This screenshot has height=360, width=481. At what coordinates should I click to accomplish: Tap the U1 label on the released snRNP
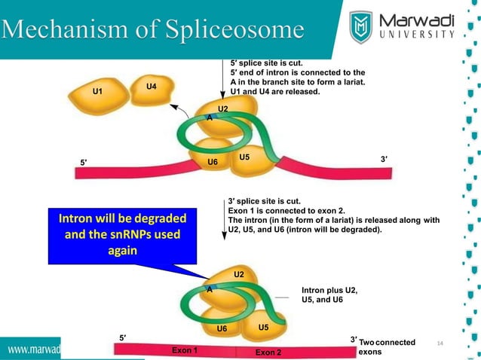pos(97,92)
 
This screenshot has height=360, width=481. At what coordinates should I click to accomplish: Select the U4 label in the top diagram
pos(151,87)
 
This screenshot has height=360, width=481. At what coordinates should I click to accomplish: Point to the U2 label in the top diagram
pos(222,110)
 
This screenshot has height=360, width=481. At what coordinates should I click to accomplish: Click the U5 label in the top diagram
pos(244,157)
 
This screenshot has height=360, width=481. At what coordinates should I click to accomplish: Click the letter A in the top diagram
pos(210,118)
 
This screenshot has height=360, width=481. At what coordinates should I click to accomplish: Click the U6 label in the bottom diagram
pos(222,329)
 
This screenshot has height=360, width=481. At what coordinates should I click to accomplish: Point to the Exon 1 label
pos(185,351)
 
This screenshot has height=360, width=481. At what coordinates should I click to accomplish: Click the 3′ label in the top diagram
pos(384,158)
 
